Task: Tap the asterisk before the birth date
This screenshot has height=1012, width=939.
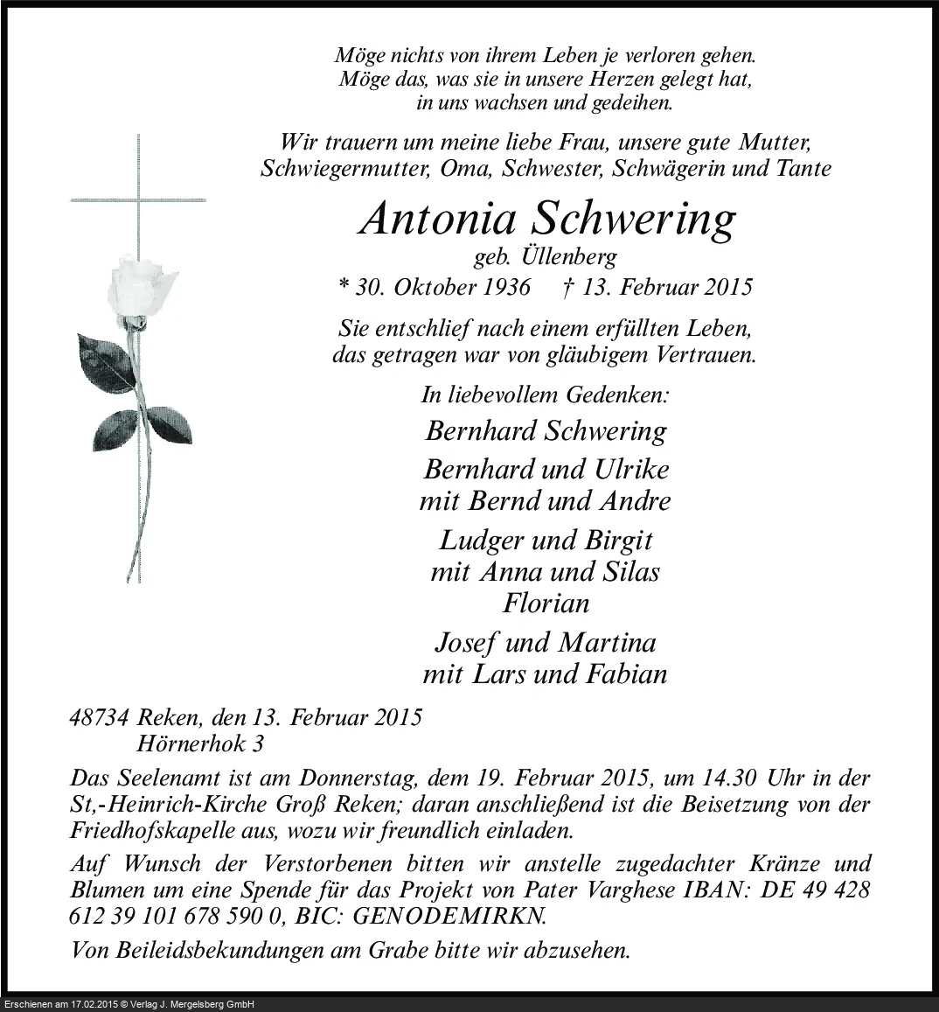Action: tap(344, 287)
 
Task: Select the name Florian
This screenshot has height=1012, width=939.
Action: tap(546, 604)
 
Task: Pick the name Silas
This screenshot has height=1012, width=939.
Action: tap(629, 572)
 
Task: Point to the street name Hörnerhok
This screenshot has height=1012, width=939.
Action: tap(188, 745)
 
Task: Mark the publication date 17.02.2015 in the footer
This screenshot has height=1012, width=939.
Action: tap(100, 1005)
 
